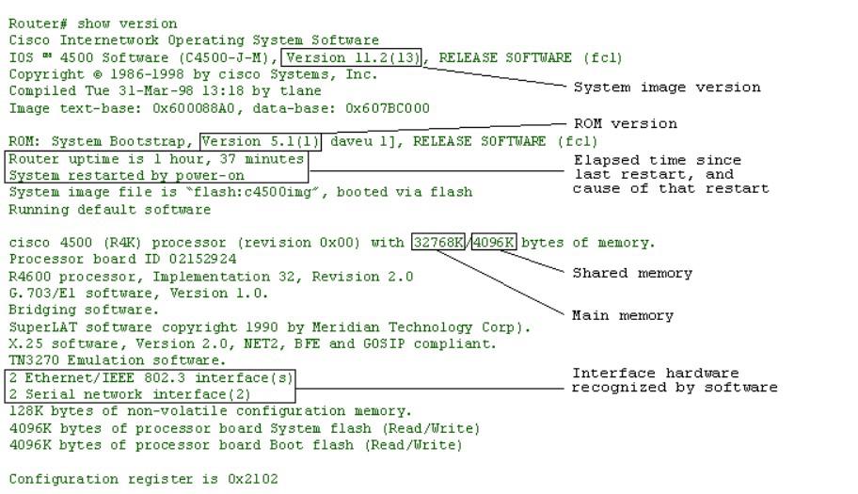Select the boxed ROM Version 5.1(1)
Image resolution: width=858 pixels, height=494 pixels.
pyautogui.click(x=261, y=141)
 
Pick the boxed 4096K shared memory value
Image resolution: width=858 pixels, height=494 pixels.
pyautogui.click(x=493, y=243)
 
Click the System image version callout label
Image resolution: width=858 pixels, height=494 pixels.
pyautogui.click(x=667, y=88)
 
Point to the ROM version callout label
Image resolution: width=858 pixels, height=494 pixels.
pyautogui.click(x=625, y=123)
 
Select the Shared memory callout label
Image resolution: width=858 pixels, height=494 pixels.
pyautogui.click(x=632, y=273)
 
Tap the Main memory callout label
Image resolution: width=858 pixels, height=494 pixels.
pyautogui.click(x=623, y=315)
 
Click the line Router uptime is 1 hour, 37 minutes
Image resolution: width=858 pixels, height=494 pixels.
pyautogui.click(x=156, y=159)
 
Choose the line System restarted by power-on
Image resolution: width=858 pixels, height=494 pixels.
pyautogui.click(x=127, y=175)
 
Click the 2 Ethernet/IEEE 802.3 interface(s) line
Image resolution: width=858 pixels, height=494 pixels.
pyautogui.click(x=151, y=377)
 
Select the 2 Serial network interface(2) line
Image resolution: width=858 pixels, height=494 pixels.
pyautogui.click(x=131, y=394)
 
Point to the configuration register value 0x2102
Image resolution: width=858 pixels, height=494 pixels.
pyautogui.click(x=252, y=479)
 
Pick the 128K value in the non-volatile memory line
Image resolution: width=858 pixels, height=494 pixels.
pyautogui.click(x=25, y=411)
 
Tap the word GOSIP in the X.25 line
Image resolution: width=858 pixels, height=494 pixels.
pyautogui.click(x=380, y=343)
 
